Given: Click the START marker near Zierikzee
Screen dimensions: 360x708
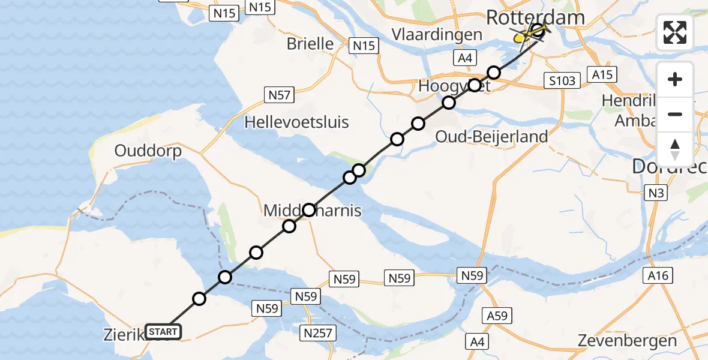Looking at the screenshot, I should pyautogui.click(x=163, y=332).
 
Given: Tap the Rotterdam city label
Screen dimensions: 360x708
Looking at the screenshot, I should pyautogui.click(x=535, y=17).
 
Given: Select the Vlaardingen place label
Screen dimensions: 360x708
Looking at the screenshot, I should pyautogui.click(x=437, y=34).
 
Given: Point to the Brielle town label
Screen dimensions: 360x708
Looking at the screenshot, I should pyautogui.click(x=310, y=43).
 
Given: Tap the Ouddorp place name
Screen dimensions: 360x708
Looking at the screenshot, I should pyautogui.click(x=148, y=151).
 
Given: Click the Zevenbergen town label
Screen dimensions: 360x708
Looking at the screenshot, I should pyautogui.click(x=627, y=341).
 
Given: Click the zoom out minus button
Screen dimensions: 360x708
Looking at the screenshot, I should pyautogui.click(x=675, y=114).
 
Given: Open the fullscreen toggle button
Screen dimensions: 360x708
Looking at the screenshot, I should pyautogui.click(x=675, y=32).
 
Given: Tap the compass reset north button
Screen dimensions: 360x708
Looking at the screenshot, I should pyautogui.click(x=675, y=148).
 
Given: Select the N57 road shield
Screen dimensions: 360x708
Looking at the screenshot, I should pyautogui.click(x=278, y=94).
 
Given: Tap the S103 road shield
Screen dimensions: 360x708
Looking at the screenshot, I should pyautogui.click(x=561, y=80).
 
